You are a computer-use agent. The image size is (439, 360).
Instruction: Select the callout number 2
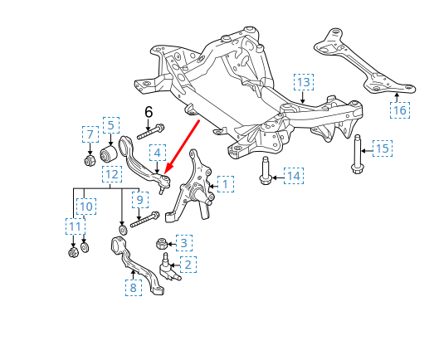(188, 265)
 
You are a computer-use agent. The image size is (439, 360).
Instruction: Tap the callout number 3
(184, 243)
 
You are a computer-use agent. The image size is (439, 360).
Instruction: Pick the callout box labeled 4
(158, 153)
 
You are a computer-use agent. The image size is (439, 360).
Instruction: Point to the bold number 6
(149, 112)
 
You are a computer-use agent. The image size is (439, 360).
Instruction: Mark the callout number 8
(133, 287)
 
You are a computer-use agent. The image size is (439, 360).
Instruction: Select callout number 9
(139, 200)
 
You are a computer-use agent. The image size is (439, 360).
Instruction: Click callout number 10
(85, 206)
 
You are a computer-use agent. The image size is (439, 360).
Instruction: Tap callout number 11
(76, 226)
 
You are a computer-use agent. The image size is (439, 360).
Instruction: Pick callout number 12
(111, 174)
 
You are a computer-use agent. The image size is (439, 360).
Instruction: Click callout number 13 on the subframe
(304, 82)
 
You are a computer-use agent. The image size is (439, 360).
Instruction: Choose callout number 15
(382, 149)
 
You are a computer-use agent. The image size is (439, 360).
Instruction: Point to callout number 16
(401, 109)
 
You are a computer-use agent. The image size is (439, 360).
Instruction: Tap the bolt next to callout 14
(266, 170)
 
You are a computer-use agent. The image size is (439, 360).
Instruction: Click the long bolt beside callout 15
(357, 153)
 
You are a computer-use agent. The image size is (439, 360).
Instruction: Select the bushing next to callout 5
(108, 155)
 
